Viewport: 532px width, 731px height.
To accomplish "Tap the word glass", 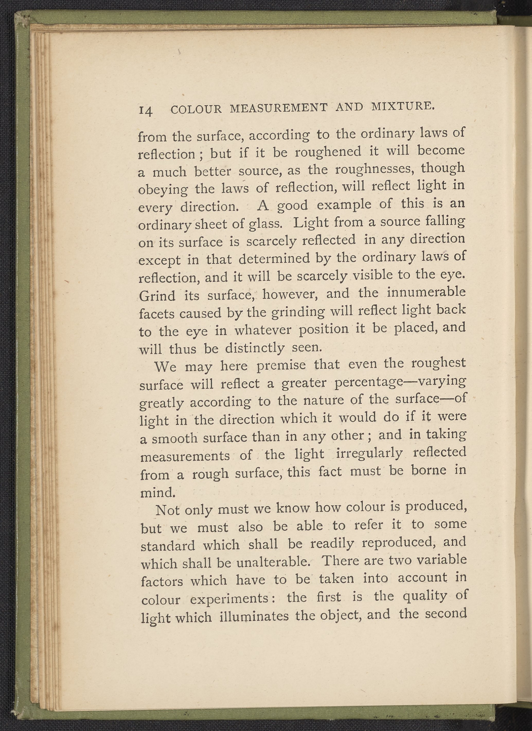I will [266, 224].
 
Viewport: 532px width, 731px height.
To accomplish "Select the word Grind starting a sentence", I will [157, 296].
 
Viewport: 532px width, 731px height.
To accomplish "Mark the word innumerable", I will [426, 292].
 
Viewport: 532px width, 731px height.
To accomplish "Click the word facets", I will [157, 314].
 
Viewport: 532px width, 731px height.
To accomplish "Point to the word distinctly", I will [255, 348].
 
